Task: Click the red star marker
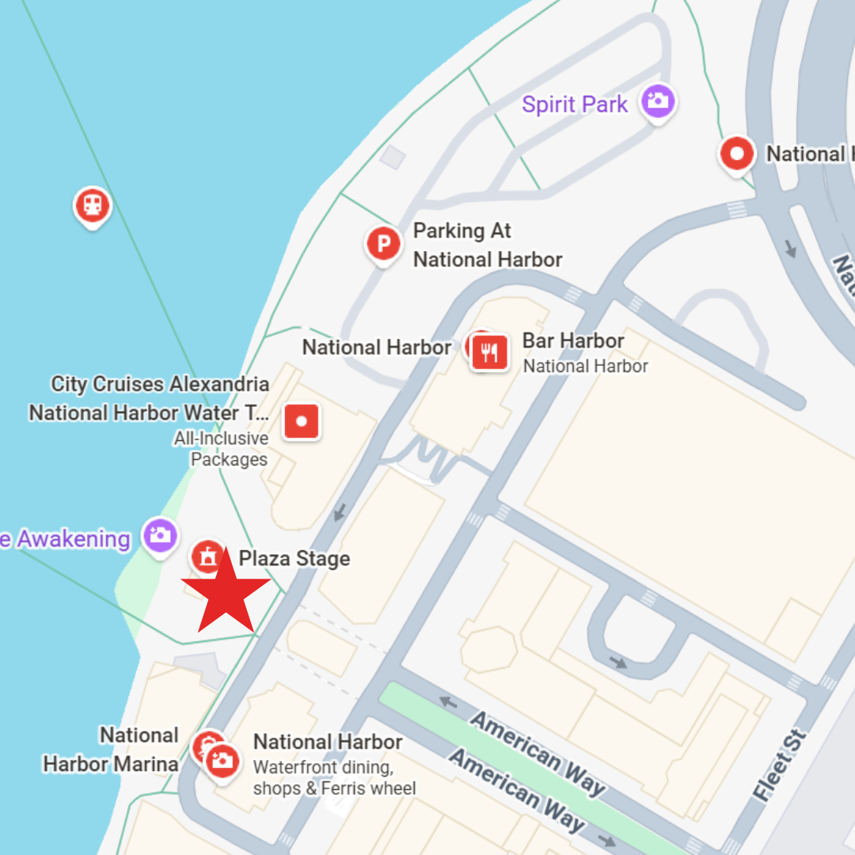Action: click(226, 591)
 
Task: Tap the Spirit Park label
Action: click(575, 104)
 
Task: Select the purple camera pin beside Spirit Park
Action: click(657, 101)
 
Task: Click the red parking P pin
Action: click(384, 244)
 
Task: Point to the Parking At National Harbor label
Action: click(487, 245)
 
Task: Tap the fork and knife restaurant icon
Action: click(489, 352)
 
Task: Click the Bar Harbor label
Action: click(573, 341)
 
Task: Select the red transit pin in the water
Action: click(93, 206)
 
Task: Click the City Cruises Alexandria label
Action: click(160, 385)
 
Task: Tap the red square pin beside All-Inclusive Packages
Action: click(301, 421)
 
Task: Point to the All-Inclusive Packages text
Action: click(221, 448)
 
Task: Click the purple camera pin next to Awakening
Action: click(160, 535)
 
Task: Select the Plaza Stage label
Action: click(294, 559)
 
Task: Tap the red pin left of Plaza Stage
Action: click(207, 557)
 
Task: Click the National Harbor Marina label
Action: click(111, 750)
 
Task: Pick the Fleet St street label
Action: click(781, 766)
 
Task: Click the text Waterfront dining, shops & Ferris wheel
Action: click(333, 777)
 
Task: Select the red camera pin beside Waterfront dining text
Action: click(222, 762)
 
